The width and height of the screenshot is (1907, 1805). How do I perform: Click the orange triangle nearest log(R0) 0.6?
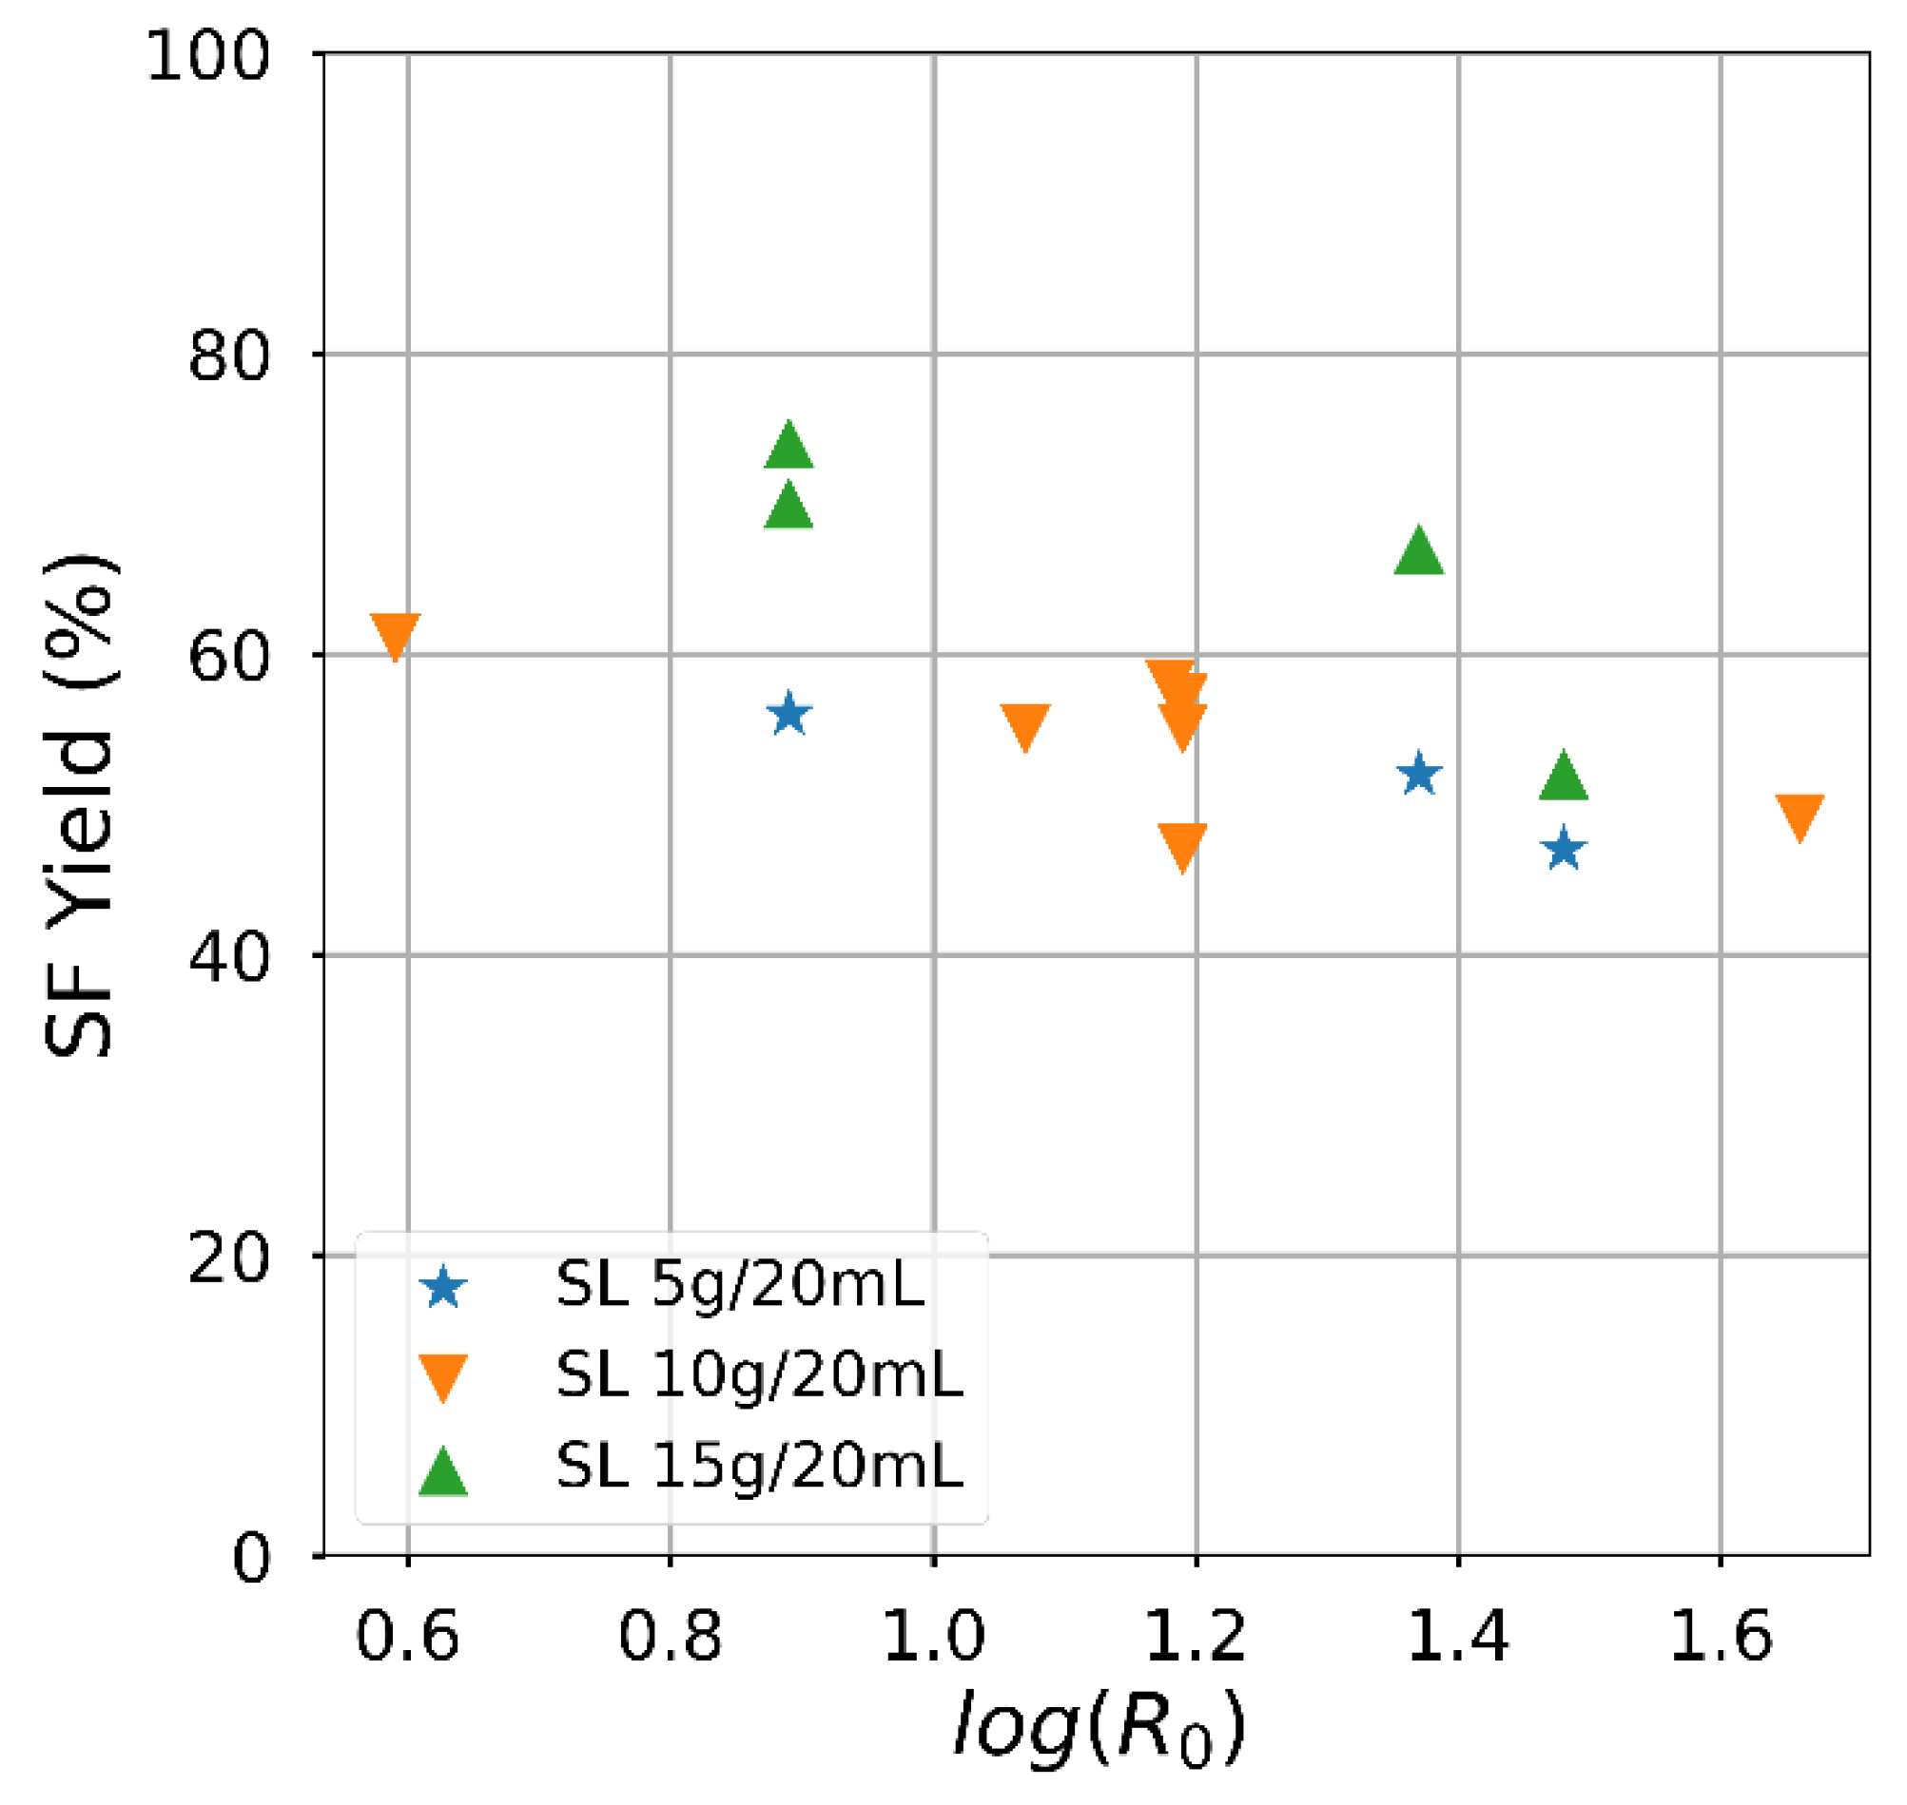tap(395, 633)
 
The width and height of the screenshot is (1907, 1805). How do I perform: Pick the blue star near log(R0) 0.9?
tap(788, 715)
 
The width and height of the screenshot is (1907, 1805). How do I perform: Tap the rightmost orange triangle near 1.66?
tap(1800, 816)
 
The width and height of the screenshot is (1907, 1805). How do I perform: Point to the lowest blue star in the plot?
tap(1564, 849)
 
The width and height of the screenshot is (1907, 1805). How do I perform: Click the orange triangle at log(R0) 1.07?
tap(1024, 724)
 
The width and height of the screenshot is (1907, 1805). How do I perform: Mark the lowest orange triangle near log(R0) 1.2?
tap(1182, 845)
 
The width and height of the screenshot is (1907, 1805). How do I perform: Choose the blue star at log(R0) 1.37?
tap(1418, 775)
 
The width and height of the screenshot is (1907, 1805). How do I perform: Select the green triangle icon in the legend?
tap(443, 1471)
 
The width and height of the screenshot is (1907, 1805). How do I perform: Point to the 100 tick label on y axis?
tap(207, 56)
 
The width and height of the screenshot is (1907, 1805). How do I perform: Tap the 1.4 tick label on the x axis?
tap(1457, 1636)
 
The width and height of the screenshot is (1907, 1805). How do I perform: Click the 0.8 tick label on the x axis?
tap(670, 1636)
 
